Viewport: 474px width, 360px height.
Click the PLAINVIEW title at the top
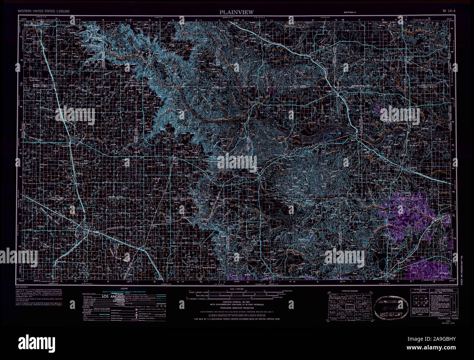(236, 12)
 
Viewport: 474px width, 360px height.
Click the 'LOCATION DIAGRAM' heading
(349, 291)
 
